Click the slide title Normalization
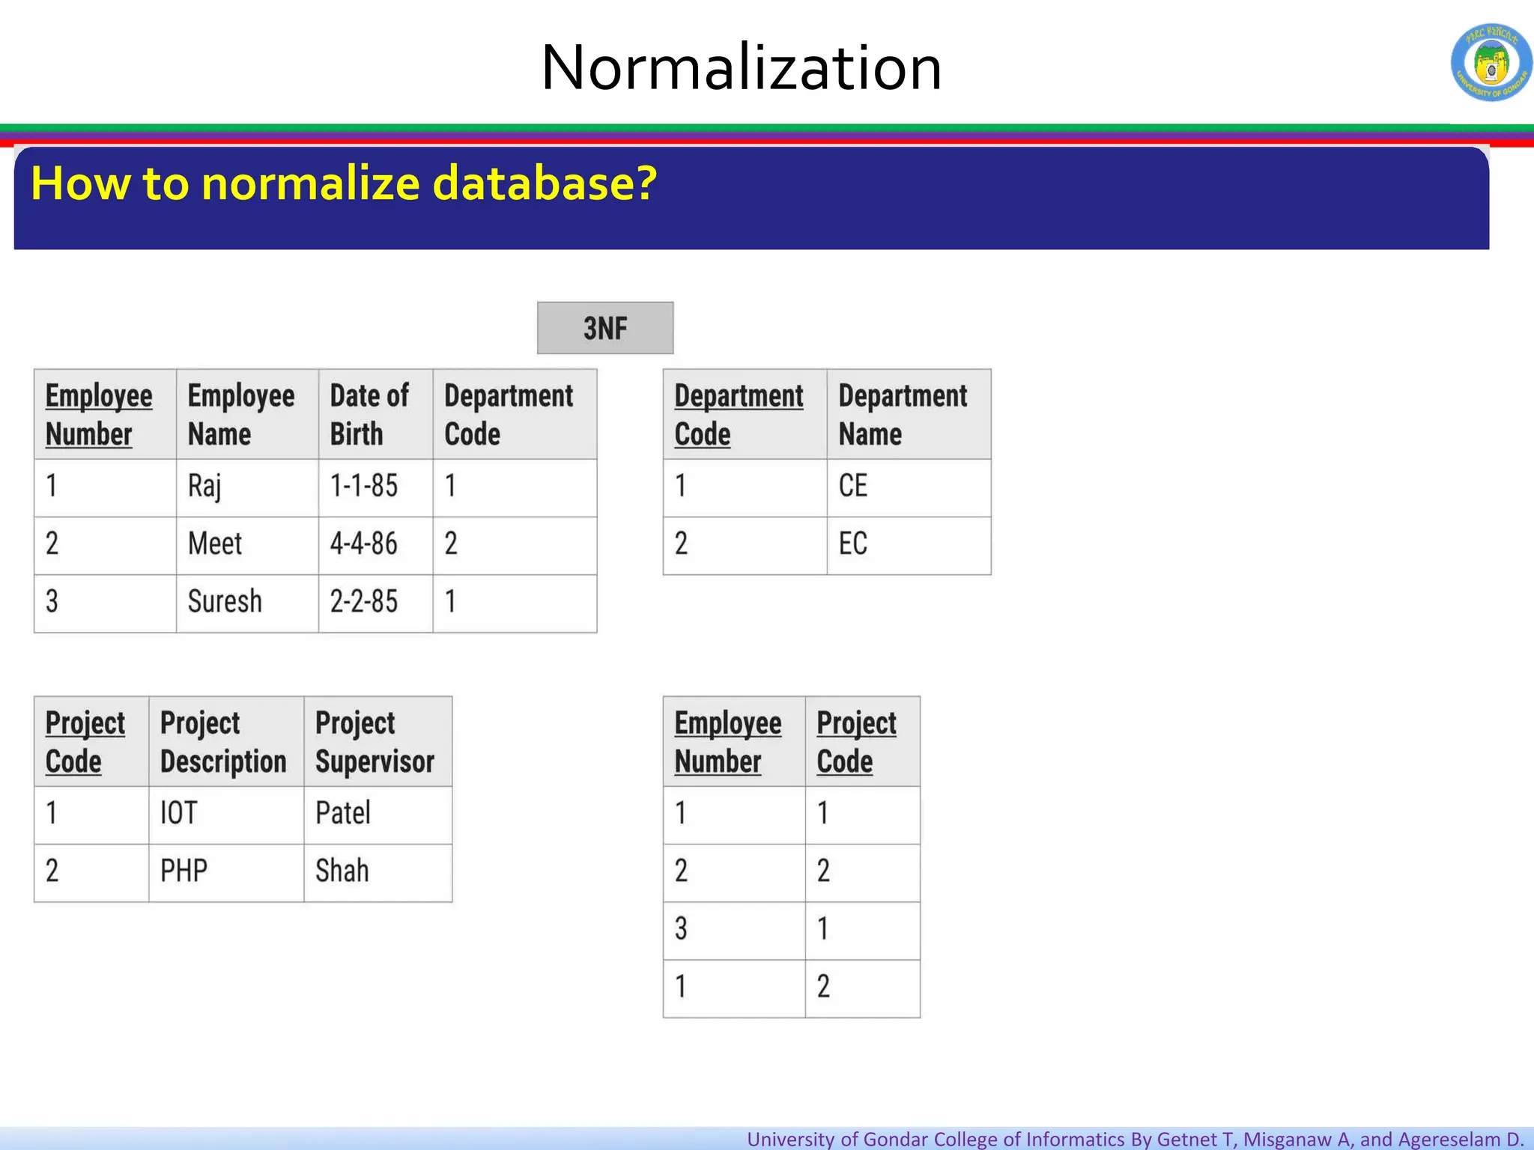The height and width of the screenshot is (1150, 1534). pos(741,67)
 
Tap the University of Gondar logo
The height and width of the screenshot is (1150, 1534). pos(1491,63)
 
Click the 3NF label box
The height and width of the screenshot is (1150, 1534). pos(605,328)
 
